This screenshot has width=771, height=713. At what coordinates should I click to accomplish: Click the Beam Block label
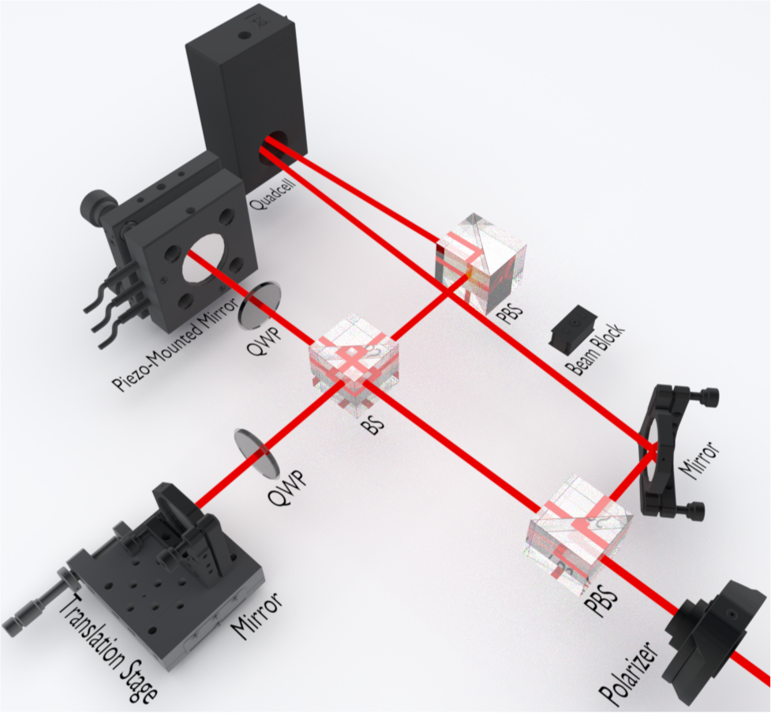[x=594, y=349]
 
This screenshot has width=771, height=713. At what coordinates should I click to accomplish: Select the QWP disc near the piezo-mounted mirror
[x=260, y=305]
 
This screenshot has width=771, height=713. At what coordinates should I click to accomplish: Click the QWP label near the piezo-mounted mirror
[x=265, y=341]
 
